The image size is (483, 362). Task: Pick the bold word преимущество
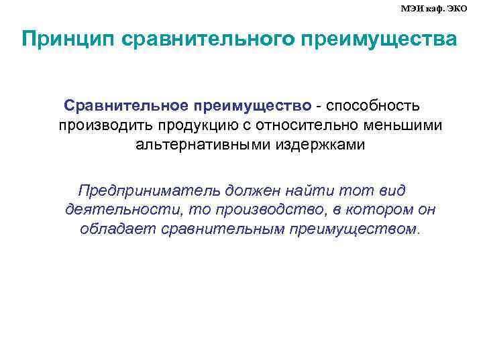(x=252, y=106)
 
